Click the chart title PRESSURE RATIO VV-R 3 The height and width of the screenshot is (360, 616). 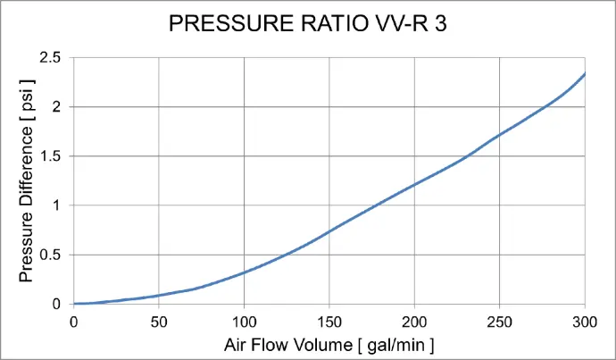pos(308,24)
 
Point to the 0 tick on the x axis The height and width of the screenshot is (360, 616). pos(74,321)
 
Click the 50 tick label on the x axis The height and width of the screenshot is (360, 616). pos(159,321)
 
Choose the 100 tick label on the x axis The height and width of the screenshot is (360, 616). pos(244,321)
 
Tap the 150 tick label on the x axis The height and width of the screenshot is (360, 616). pos(329,321)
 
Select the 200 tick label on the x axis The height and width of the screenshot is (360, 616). pos(414,321)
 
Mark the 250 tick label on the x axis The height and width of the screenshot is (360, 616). pos(500,321)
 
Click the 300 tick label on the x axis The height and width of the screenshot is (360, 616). pos(585,321)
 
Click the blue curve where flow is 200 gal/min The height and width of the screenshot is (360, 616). pos(414,185)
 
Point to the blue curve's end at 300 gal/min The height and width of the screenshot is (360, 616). pos(585,74)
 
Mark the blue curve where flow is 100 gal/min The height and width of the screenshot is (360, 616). pos(244,272)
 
